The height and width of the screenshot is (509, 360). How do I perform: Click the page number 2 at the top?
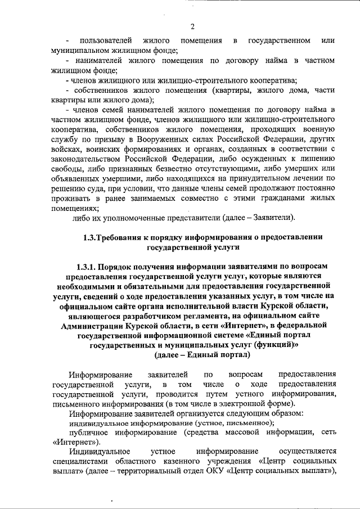192,26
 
